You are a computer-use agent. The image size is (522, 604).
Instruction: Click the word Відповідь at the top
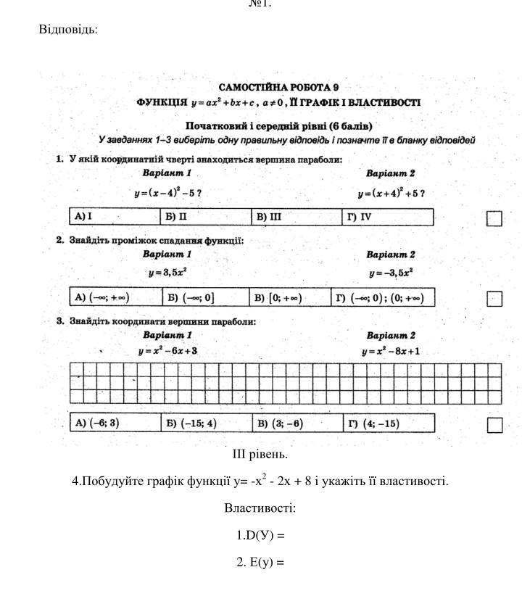click(68, 30)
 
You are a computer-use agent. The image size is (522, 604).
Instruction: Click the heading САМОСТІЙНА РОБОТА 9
click(279, 88)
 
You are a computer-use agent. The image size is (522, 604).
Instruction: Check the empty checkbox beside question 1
click(494, 218)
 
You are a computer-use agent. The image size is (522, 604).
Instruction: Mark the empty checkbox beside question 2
click(494, 299)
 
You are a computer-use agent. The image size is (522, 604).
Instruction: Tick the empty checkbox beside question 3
click(494, 425)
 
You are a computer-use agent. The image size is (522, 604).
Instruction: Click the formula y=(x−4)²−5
click(167, 193)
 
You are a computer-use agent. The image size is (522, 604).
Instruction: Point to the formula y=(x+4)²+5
click(391, 193)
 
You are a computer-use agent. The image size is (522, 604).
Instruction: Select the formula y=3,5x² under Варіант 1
click(167, 273)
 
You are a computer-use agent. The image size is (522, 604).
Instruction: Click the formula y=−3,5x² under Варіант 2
click(391, 273)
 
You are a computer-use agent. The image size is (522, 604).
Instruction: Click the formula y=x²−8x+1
click(391, 352)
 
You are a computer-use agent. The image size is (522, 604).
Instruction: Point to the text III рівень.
click(260, 455)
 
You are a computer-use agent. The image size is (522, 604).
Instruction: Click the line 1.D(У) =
click(260, 536)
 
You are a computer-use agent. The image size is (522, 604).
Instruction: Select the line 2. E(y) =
click(260, 563)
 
